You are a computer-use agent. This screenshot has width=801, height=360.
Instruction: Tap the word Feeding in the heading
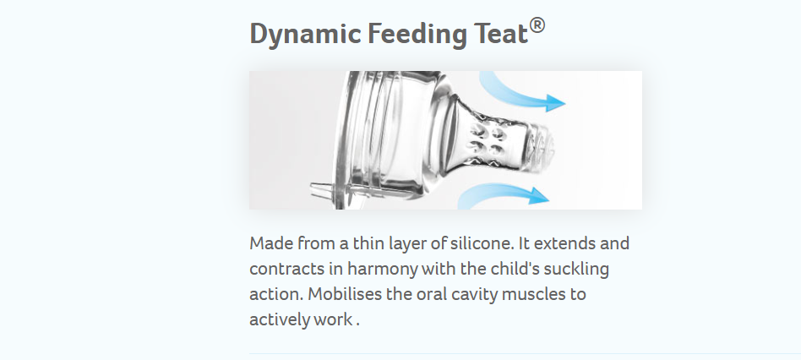(417, 35)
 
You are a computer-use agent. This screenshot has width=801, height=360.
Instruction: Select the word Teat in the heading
(500, 34)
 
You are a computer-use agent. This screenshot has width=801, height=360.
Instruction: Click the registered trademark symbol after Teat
(537, 25)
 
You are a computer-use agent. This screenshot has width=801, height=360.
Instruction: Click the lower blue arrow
(504, 194)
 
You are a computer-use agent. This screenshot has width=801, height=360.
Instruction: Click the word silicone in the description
(482, 243)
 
